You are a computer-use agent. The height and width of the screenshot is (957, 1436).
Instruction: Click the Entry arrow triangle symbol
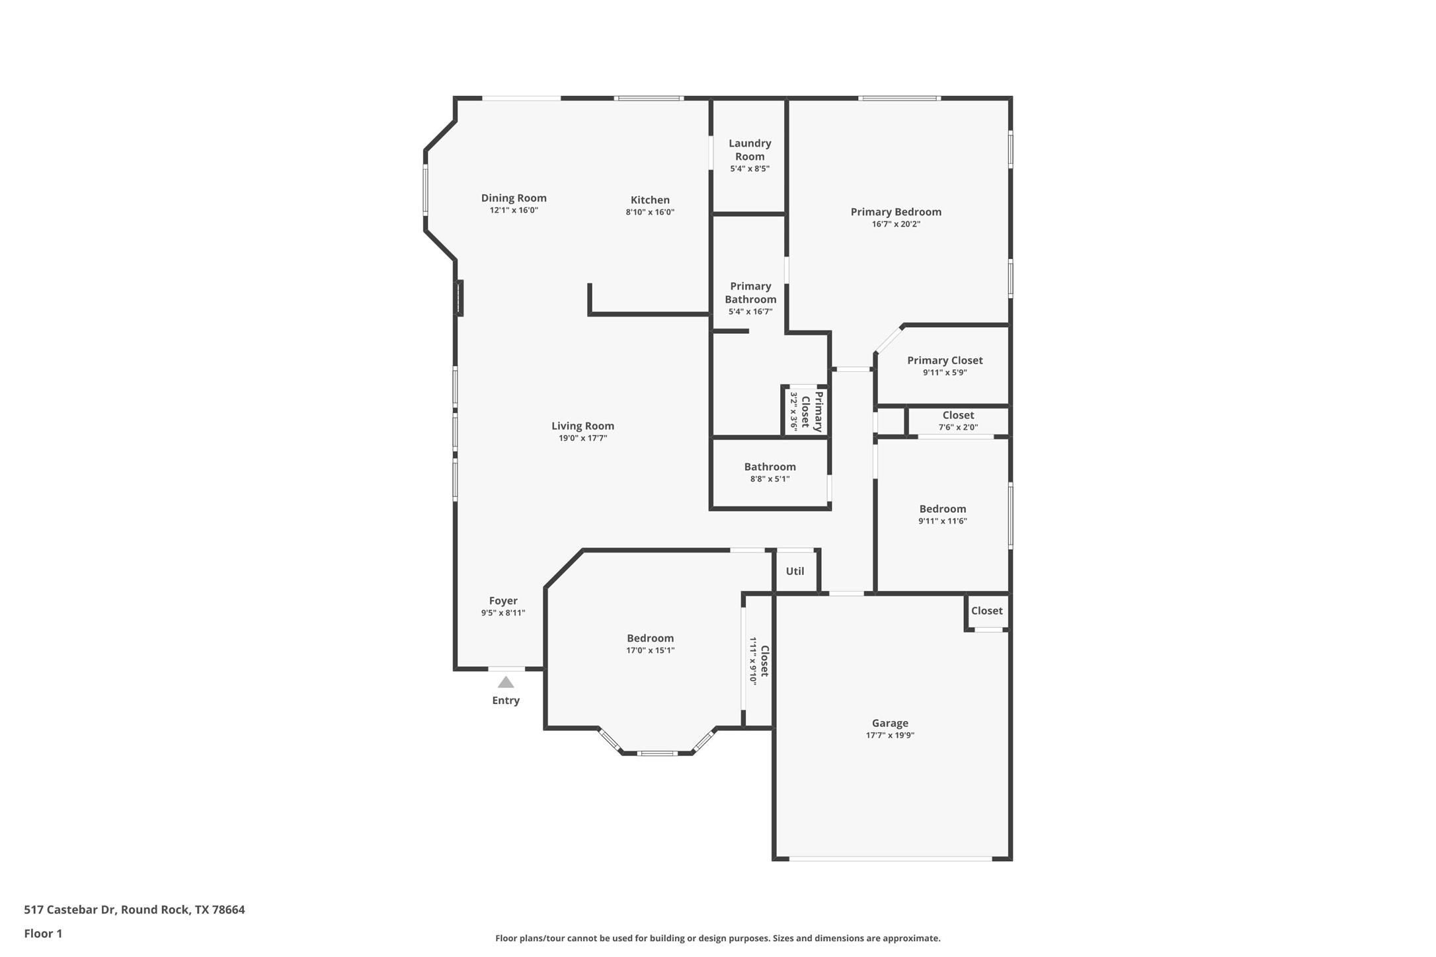click(x=506, y=682)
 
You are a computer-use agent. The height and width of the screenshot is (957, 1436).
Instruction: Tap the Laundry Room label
click(x=750, y=149)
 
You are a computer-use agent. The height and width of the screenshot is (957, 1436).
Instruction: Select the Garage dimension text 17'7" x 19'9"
click(x=890, y=735)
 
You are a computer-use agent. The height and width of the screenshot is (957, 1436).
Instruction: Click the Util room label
click(x=795, y=571)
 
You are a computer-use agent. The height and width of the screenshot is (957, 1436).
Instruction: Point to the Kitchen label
click(x=650, y=200)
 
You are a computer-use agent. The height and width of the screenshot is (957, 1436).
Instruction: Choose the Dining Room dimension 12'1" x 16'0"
click(x=514, y=210)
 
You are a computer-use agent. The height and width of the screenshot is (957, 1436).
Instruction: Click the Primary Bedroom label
click(x=896, y=211)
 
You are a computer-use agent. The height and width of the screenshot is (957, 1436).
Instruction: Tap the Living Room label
click(x=582, y=426)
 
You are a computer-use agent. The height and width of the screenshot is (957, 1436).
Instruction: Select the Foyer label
click(x=503, y=600)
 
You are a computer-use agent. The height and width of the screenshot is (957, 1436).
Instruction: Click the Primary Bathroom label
click(x=750, y=292)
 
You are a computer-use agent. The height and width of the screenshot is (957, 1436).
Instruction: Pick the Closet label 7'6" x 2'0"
click(x=958, y=415)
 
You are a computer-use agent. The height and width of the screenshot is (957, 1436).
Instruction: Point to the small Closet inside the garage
click(x=986, y=611)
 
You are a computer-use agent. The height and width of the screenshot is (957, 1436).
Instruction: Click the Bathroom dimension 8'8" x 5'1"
click(x=770, y=478)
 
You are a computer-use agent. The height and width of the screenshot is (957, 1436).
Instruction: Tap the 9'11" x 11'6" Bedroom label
click(x=942, y=508)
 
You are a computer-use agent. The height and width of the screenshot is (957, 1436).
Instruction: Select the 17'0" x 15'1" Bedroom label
click(x=650, y=638)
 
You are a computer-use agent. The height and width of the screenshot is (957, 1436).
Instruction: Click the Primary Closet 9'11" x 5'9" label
click(x=945, y=360)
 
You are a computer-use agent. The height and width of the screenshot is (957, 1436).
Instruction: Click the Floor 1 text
click(x=43, y=933)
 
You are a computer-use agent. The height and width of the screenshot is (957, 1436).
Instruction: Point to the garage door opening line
click(x=891, y=858)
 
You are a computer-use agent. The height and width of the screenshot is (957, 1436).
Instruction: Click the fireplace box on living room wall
click(x=458, y=298)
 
